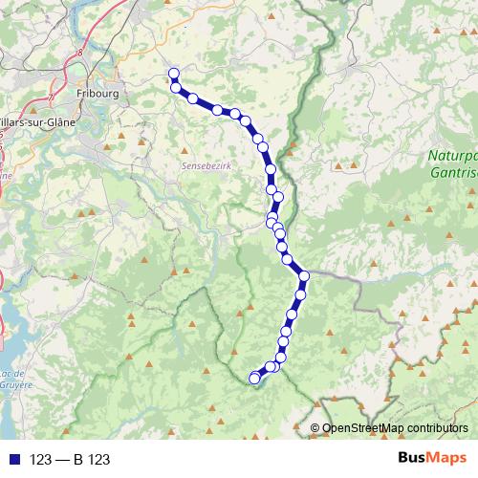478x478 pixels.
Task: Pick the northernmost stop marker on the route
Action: [174, 74]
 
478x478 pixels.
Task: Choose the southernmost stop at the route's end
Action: [254, 379]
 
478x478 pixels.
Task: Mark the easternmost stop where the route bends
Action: [305, 276]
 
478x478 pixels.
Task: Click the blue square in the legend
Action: [11, 459]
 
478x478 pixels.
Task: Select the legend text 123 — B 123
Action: [70, 460]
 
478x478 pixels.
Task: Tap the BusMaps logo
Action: [430, 459]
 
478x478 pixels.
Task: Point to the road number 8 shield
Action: [82, 54]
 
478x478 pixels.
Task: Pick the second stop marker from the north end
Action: [177, 88]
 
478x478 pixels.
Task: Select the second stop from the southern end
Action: [270, 367]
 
